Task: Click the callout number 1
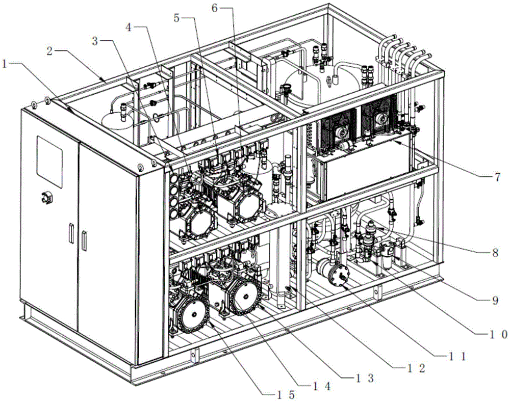[x=4, y=64]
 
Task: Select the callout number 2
[x=49, y=51]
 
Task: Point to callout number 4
[x=129, y=28]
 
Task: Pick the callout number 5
[x=176, y=18]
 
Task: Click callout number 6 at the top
[x=214, y=8]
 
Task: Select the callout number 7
[x=497, y=177]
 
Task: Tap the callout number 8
[x=495, y=253]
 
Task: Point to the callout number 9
[x=495, y=300]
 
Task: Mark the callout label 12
[x=415, y=368]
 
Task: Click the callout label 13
[x=365, y=378]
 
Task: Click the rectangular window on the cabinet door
[x=49, y=161]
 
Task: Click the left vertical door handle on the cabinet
[x=70, y=233]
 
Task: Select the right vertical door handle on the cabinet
[x=85, y=241]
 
